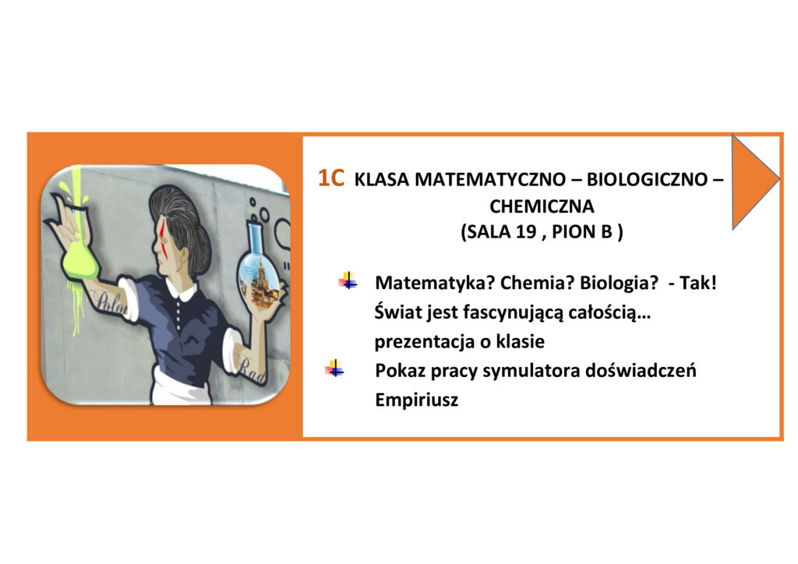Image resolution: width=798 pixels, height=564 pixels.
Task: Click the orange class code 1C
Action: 330,178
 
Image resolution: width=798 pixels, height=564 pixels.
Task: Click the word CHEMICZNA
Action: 542,206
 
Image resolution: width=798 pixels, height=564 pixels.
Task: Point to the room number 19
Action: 526,232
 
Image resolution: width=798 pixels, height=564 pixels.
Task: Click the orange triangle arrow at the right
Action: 755,181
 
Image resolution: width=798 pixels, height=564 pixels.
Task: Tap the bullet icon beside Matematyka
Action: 348,280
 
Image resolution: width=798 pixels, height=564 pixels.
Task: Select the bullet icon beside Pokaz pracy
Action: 334,368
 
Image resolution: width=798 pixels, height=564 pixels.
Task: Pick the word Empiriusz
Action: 416,400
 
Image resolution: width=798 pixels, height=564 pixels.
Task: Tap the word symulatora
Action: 531,371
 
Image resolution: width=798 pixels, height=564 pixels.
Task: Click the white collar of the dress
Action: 182,291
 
